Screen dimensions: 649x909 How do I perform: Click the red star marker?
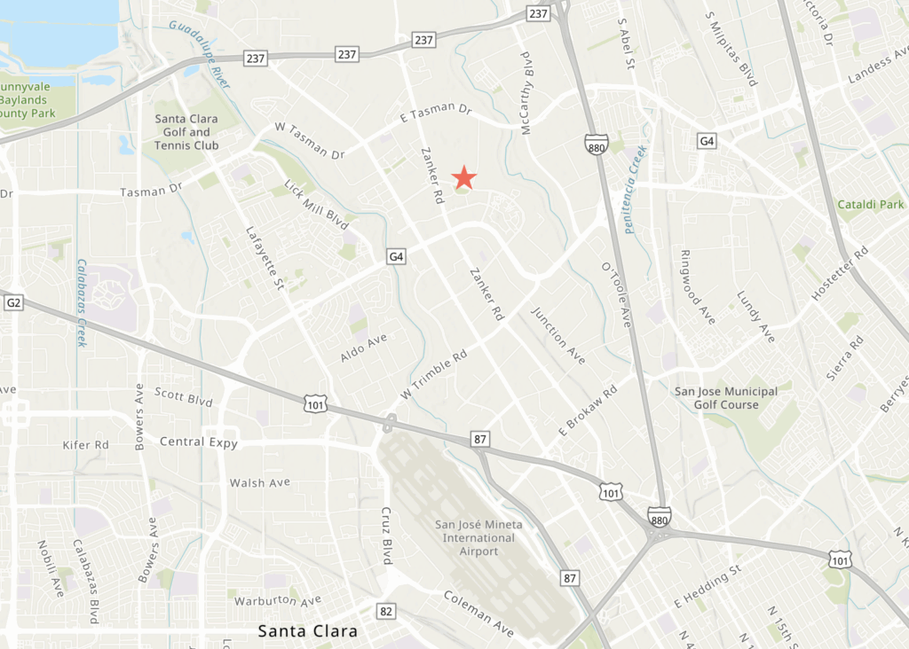pos(464,177)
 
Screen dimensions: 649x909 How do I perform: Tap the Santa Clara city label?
pos(307,632)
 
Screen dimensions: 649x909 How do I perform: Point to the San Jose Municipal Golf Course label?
pos(726,398)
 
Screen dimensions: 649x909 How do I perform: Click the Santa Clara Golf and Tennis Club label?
pos(186,131)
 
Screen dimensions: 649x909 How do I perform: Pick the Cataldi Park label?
pos(870,205)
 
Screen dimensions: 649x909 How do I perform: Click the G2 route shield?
pos(13,303)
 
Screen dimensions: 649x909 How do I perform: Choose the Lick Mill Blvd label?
pos(317,206)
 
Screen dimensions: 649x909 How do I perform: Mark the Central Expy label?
pos(199,442)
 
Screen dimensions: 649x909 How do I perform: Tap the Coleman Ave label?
pos(478,614)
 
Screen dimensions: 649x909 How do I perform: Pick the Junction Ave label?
pos(558,335)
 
